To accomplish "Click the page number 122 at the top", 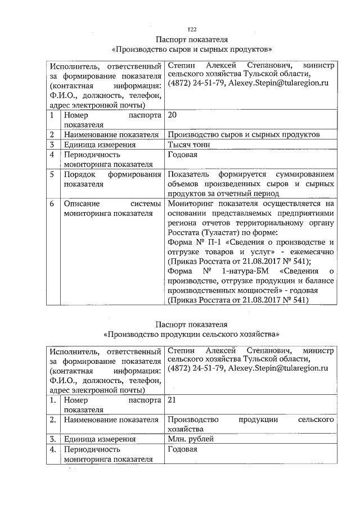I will (191, 29).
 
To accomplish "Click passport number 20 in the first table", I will (172, 116).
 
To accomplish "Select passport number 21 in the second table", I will (172, 400).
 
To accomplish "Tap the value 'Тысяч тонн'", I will (188, 145).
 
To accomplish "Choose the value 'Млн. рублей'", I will (190, 439).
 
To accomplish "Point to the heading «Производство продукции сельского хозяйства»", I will (191, 334).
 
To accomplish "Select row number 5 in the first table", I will (52, 174).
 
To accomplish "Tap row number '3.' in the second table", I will (52, 439).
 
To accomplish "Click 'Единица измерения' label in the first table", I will (100, 145).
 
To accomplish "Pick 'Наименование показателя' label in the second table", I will (111, 420).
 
